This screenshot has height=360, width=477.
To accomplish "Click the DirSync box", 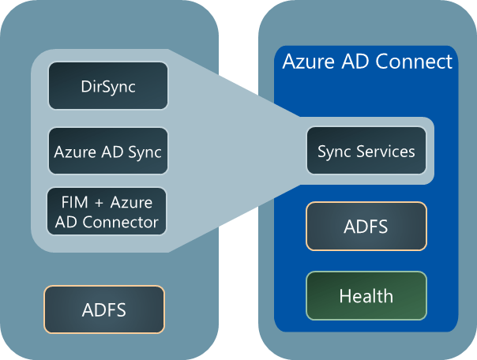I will pyautogui.click(x=108, y=86).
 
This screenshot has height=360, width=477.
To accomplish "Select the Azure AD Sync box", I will pyautogui.click(x=108, y=151).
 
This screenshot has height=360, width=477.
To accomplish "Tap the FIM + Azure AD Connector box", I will pyautogui.click(x=108, y=211).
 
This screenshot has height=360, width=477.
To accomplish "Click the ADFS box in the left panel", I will pyautogui.click(x=103, y=309).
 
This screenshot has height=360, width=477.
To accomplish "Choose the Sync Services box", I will pyautogui.click(x=366, y=151).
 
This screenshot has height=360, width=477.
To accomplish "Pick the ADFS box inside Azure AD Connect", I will pyautogui.click(x=366, y=227).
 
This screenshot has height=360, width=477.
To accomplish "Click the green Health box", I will pyautogui.click(x=366, y=296).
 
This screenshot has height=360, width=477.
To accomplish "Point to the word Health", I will pyautogui.click(x=366, y=296).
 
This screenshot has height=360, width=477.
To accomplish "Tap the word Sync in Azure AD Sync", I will pyautogui.click(x=145, y=151).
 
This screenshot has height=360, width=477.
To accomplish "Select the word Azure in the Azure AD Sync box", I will pyautogui.click(x=75, y=151).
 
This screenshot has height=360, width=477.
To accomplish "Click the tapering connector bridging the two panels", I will pyautogui.click(x=237, y=151).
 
